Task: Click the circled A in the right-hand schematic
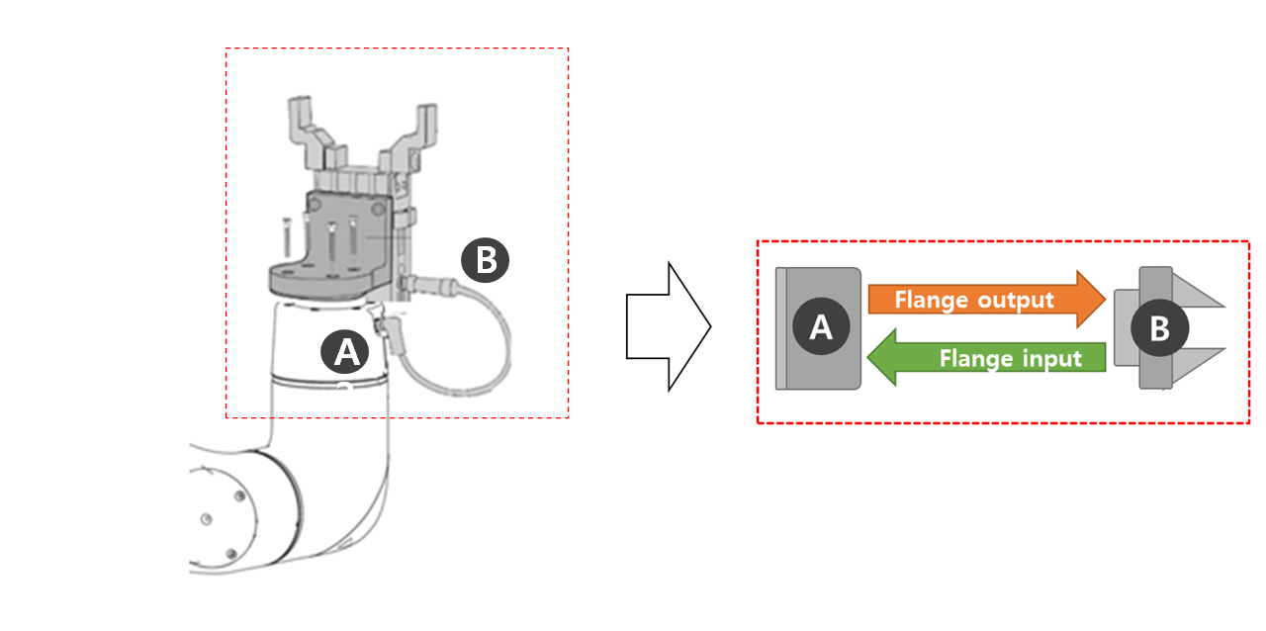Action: pos(821,327)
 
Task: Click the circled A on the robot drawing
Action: pos(345,351)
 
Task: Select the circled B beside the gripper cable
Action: pos(485,260)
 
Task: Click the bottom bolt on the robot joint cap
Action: pos(230,554)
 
